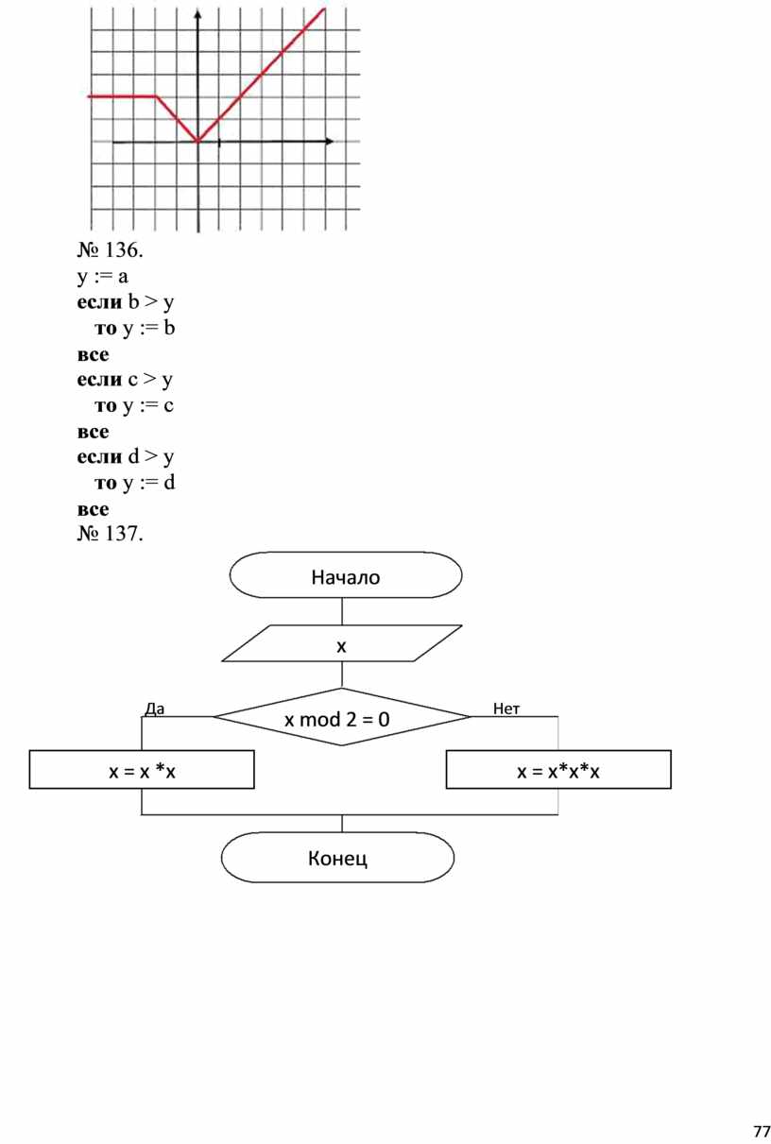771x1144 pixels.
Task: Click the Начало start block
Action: point(345,576)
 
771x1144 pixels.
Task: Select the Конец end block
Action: point(337,858)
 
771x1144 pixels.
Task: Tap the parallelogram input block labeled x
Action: point(342,647)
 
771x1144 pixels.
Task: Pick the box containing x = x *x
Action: point(142,771)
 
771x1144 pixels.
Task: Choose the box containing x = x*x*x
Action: point(557,771)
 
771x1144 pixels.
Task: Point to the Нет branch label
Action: point(506,708)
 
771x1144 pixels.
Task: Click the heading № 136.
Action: point(110,251)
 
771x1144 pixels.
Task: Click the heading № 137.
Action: point(110,536)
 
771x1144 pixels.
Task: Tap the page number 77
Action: point(761,1131)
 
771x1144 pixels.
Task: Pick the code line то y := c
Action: point(134,405)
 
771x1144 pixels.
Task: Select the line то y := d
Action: point(135,483)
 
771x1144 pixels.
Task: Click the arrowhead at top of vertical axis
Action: point(198,15)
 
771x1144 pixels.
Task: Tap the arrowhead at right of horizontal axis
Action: point(328,142)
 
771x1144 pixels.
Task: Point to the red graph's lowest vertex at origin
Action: point(198,142)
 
